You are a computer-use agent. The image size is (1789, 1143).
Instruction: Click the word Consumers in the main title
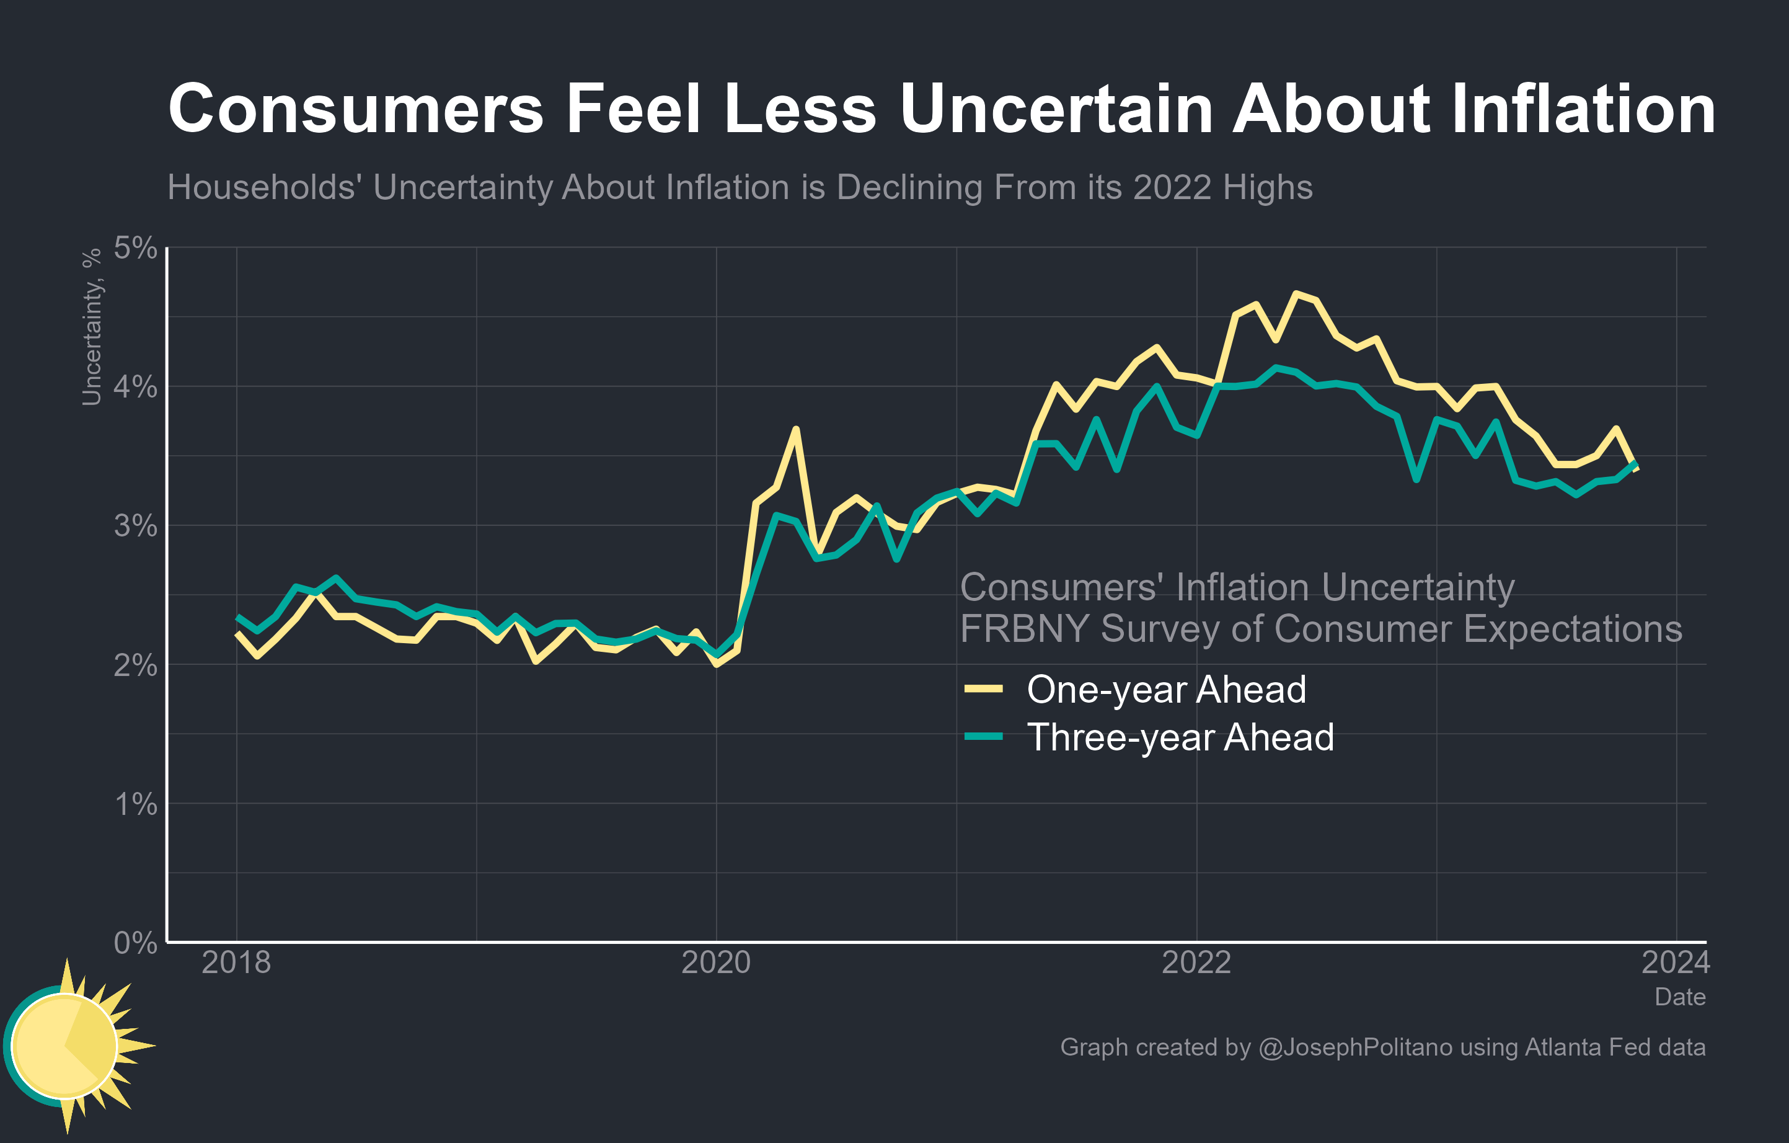pos(356,109)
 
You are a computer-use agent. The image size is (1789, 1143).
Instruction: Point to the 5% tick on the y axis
pos(135,248)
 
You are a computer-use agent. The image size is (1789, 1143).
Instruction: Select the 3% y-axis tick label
pos(135,526)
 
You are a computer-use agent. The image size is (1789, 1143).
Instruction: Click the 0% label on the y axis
pos(135,943)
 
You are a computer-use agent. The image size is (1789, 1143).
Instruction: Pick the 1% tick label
pos(135,804)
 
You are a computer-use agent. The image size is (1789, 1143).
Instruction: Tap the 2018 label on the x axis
pos(236,963)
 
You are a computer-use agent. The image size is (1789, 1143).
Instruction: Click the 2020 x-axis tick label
pos(716,963)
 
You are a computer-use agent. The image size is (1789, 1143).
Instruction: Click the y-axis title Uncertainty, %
pos(91,327)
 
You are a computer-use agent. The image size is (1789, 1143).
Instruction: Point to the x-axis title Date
pos(1680,997)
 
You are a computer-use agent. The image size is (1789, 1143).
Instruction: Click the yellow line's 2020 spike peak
pos(796,430)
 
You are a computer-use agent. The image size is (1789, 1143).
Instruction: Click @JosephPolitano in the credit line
pos(1354,1047)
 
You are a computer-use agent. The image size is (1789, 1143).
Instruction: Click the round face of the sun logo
pos(64,1046)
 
